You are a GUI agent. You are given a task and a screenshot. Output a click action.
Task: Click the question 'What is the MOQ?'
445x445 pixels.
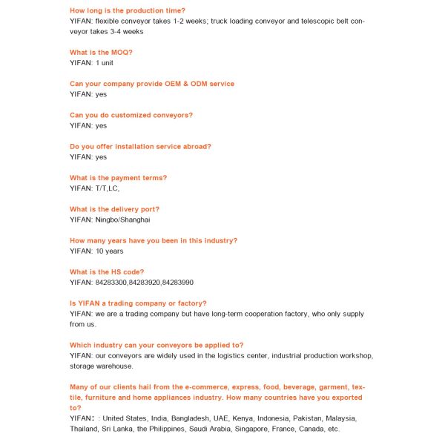pos(101,53)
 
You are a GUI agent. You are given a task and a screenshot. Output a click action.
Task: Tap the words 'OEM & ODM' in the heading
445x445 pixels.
pos(171,84)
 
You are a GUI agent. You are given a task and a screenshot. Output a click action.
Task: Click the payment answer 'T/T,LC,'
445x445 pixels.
pos(107,188)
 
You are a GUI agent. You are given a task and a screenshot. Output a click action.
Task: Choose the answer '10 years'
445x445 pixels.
pos(109,251)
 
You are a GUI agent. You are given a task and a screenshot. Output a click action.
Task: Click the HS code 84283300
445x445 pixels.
pos(111,283)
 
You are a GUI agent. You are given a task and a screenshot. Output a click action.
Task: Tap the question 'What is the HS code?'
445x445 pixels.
pos(107,272)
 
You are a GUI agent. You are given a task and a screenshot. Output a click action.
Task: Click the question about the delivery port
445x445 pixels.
pos(114,209)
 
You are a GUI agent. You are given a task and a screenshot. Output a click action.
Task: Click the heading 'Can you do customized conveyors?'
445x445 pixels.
pos(131,115)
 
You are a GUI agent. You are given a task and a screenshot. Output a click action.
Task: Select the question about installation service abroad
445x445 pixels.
pos(140,147)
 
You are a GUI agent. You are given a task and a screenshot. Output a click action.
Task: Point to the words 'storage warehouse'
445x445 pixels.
pos(101,366)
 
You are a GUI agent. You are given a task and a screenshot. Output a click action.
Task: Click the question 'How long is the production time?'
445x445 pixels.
pos(128,10)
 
